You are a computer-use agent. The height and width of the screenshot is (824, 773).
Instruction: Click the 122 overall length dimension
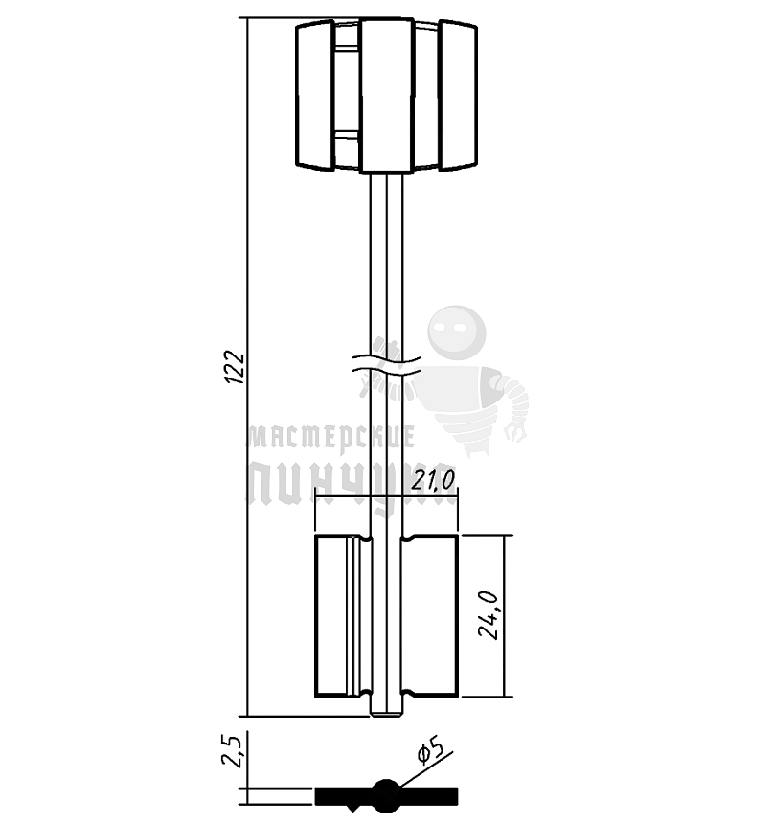coord(236,369)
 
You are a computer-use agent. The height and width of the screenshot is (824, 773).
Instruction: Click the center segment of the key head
coord(387,96)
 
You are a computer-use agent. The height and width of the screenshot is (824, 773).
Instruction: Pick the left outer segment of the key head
coord(314,96)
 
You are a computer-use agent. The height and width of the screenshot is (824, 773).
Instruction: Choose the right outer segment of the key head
coord(458,96)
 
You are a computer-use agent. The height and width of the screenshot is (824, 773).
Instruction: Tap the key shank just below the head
coord(386,192)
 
